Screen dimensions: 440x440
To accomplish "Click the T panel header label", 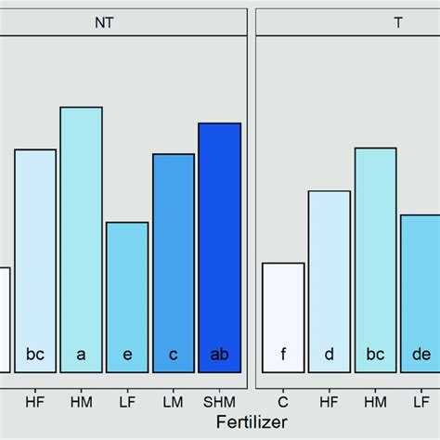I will (x=398, y=22).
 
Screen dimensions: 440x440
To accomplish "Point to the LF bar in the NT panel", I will (x=127, y=297).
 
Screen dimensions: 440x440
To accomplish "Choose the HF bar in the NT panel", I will (x=35, y=260).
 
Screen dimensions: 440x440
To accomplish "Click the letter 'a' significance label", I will (x=81, y=354).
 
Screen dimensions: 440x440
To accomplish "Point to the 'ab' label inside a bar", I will (x=219, y=354).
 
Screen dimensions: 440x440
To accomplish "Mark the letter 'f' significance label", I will (x=283, y=354).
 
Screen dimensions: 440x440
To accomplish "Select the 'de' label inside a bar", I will (x=421, y=354).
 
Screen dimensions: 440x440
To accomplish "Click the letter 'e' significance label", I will (x=127, y=354).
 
